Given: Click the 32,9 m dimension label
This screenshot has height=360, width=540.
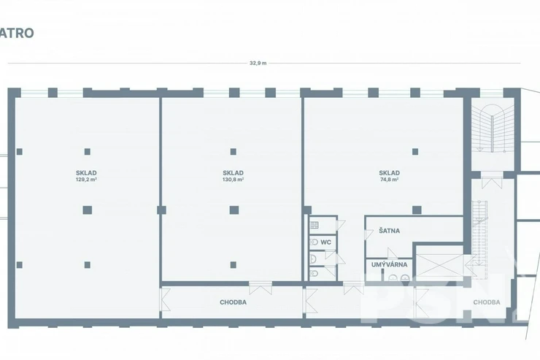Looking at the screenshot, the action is [258, 63].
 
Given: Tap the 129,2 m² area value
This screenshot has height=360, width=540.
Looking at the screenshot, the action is [86, 180].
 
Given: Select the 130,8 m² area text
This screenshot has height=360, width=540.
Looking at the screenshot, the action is [234, 180].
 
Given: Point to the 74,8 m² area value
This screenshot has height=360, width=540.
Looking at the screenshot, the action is [390, 180].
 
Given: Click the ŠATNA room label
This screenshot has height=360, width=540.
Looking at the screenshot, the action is [390, 231].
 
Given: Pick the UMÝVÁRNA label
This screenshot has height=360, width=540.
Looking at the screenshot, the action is [389, 264].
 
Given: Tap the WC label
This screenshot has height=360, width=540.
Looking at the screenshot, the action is [325, 242].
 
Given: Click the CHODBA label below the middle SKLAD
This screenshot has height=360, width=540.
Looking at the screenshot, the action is [234, 302].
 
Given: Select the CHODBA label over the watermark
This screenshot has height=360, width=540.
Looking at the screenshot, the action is [487, 302].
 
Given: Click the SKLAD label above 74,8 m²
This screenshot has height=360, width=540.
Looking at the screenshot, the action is [390, 173].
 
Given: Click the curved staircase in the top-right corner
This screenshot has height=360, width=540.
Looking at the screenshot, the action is [493, 128].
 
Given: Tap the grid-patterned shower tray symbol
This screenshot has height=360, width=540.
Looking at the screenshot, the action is [315, 226].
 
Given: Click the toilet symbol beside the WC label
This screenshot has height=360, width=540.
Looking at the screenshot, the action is [314, 242].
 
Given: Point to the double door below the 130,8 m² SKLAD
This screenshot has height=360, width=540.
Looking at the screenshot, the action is [261, 288].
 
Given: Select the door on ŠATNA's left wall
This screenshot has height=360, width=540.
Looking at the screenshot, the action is [369, 234].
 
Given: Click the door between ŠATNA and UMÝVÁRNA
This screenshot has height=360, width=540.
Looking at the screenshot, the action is [393, 253].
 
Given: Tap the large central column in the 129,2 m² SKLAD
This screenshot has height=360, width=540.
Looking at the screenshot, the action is [87, 210].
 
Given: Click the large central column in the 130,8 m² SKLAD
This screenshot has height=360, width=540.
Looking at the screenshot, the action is [234, 210].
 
